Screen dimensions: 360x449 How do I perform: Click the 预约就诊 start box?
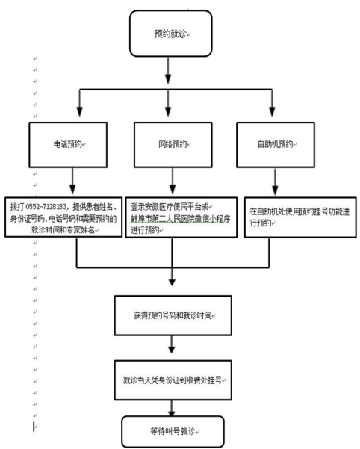(171, 34)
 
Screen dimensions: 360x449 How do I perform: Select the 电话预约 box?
(68, 145)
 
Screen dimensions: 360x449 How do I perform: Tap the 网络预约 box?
(173, 145)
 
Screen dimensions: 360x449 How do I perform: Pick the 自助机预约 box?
(276, 145)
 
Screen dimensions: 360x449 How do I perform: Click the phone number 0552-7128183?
(46, 207)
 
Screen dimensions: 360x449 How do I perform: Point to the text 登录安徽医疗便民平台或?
(170, 207)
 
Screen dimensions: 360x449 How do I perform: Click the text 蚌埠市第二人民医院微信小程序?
(181, 219)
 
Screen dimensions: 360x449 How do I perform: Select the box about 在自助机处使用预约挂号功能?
(300, 217)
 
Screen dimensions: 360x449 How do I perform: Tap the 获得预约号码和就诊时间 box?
(173, 315)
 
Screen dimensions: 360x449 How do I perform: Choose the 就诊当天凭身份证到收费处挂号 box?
(173, 380)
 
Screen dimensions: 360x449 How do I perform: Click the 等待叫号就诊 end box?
(173, 431)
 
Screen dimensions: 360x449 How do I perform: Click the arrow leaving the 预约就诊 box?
(168, 70)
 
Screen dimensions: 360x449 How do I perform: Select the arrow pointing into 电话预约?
(80, 103)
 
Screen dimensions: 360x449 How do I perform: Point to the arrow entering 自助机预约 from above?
(272, 103)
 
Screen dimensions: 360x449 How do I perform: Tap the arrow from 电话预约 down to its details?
(72, 181)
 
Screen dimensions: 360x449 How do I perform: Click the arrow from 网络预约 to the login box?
(173, 181)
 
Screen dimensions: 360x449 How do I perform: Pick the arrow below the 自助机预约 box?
(275, 182)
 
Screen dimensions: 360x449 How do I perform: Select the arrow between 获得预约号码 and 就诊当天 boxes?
(172, 344)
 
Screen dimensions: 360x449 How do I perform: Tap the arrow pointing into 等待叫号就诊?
(172, 408)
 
